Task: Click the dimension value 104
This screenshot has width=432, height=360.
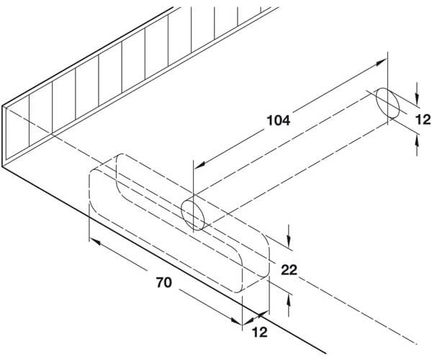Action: tap(278, 120)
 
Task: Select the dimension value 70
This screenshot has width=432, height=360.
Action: tap(164, 282)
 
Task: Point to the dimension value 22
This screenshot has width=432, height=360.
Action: tap(289, 270)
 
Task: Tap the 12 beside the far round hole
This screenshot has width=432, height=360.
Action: tap(423, 120)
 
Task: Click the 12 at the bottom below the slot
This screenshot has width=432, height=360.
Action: tap(260, 332)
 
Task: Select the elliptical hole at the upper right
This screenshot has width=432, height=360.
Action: tap(387, 103)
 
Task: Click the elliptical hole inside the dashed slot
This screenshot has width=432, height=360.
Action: tap(193, 215)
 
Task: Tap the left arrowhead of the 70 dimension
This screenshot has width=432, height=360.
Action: tap(94, 242)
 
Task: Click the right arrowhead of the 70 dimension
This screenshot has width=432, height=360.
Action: tap(236, 320)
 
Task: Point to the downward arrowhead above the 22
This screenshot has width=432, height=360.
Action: tap(289, 242)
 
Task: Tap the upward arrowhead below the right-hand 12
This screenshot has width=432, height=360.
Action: tap(418, 143)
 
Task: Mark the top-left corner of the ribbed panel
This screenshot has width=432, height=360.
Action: tap(2, 106)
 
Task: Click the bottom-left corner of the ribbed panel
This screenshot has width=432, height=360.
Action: tap(2, 166)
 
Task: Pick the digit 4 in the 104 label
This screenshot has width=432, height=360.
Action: tap(286, 120)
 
